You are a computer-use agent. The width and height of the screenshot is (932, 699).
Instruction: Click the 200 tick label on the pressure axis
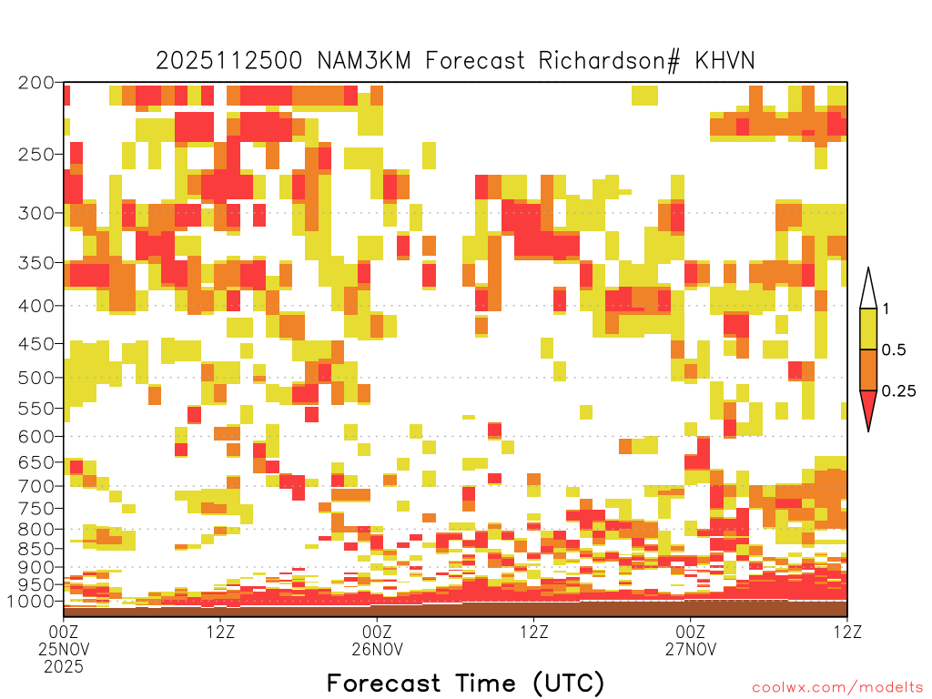[36, 83]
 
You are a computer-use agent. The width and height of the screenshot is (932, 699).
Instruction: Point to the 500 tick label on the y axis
[36, 378]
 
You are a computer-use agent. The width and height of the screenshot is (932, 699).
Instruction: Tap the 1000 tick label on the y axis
[32, 602]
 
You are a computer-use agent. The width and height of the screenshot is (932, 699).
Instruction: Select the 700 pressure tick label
[36, 487]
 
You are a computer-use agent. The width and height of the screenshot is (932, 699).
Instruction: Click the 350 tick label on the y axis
[36, 263]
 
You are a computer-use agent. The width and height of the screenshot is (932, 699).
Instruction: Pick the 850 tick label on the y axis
[36, 549]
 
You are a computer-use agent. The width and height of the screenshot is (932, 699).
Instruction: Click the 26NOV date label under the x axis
[377, 649]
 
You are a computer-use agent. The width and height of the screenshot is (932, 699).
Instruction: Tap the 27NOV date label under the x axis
[691, 649]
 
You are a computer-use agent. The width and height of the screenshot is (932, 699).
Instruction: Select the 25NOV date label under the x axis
[63, 649]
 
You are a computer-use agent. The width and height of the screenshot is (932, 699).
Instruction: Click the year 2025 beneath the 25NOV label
[64, 667]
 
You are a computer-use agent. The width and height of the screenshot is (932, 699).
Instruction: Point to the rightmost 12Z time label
[847, 632]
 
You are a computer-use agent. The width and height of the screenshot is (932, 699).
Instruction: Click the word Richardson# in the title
[609, 61]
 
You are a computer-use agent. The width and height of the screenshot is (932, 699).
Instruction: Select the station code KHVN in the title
[724, 61]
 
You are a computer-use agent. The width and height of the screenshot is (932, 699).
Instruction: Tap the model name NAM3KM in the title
[364, 61]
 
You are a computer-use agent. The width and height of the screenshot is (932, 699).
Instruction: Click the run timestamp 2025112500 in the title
[228, 61]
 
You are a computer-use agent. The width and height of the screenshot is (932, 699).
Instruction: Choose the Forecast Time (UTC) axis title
[465, 683]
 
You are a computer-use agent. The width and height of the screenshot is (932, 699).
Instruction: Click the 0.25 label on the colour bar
[898, 391]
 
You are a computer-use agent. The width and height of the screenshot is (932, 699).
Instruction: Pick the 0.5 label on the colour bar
[894, 350]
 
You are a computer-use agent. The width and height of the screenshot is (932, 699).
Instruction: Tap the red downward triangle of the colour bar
[868, 410]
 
